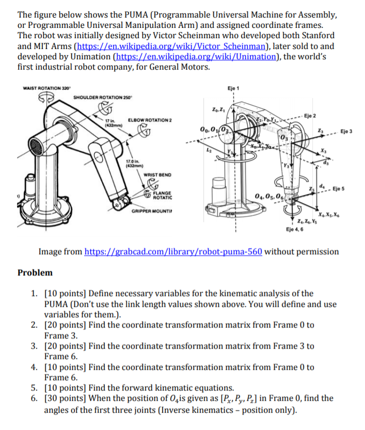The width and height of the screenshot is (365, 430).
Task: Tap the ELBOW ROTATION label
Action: [149, 120]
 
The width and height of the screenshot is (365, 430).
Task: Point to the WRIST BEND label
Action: [154, 175]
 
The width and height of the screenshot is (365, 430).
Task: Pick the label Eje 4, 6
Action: [294, 228]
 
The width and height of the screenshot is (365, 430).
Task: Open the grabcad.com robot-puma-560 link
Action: [173, 252]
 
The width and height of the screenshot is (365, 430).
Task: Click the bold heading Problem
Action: [35, 272]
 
